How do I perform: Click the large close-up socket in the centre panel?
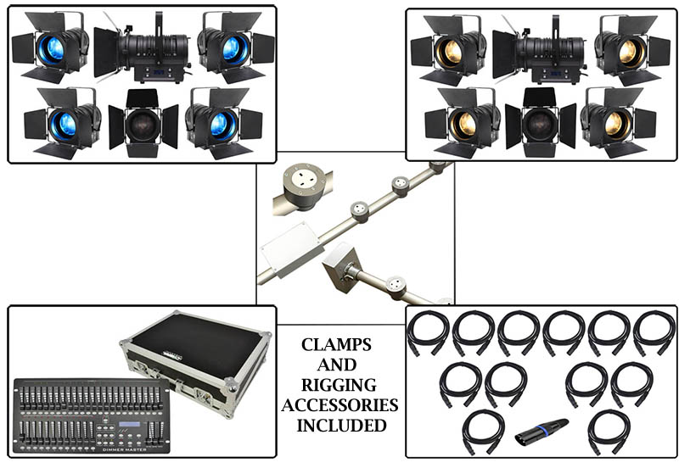[x=301, y=180]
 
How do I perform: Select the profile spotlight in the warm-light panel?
[x=543, y=50]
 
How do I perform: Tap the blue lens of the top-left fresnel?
[x=53, y=48]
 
